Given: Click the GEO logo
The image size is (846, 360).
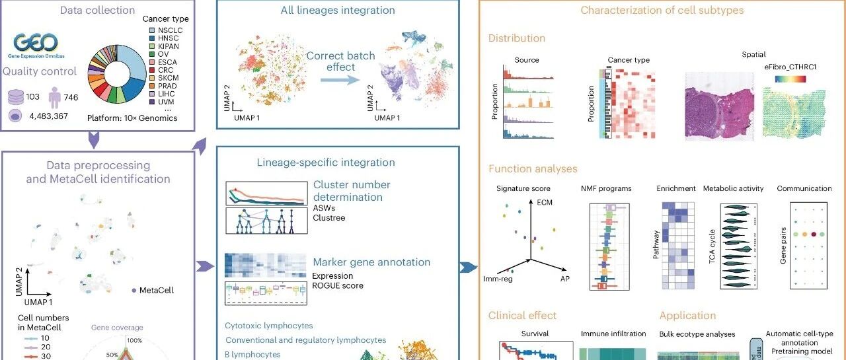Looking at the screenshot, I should (x=41, y=44).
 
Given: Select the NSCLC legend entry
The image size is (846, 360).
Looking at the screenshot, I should (x=169, y=30).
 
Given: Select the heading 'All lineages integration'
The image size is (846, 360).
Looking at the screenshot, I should (x=338, y=10).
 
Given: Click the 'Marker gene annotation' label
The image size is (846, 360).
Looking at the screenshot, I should (x=371, y=262).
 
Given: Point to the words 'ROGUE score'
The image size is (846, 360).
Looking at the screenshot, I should (x=338, y=285).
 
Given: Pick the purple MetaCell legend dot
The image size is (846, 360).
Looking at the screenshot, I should (x=135, y=290).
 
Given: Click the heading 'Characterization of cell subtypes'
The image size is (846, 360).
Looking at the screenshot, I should (x=662, y=10).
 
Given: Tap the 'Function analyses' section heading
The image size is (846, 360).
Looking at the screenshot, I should (x=533, y=169).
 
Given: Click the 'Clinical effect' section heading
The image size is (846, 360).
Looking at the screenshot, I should (x=522, y=316).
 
